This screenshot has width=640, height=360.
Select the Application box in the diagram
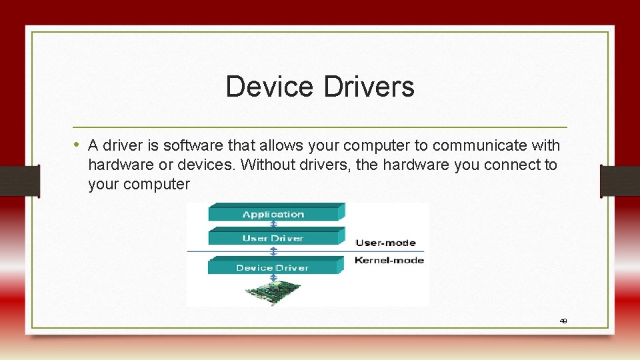273,214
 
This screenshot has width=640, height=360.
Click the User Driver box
273,238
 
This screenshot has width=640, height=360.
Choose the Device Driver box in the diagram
273,267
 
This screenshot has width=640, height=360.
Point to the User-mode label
385,243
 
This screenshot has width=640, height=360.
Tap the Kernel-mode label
389,260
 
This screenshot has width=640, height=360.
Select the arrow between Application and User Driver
273,225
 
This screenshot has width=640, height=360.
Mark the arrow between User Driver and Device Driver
273,251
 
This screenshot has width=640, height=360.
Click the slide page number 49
563,321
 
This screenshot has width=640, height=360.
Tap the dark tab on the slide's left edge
19,181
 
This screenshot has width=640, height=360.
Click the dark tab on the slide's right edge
620,181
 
